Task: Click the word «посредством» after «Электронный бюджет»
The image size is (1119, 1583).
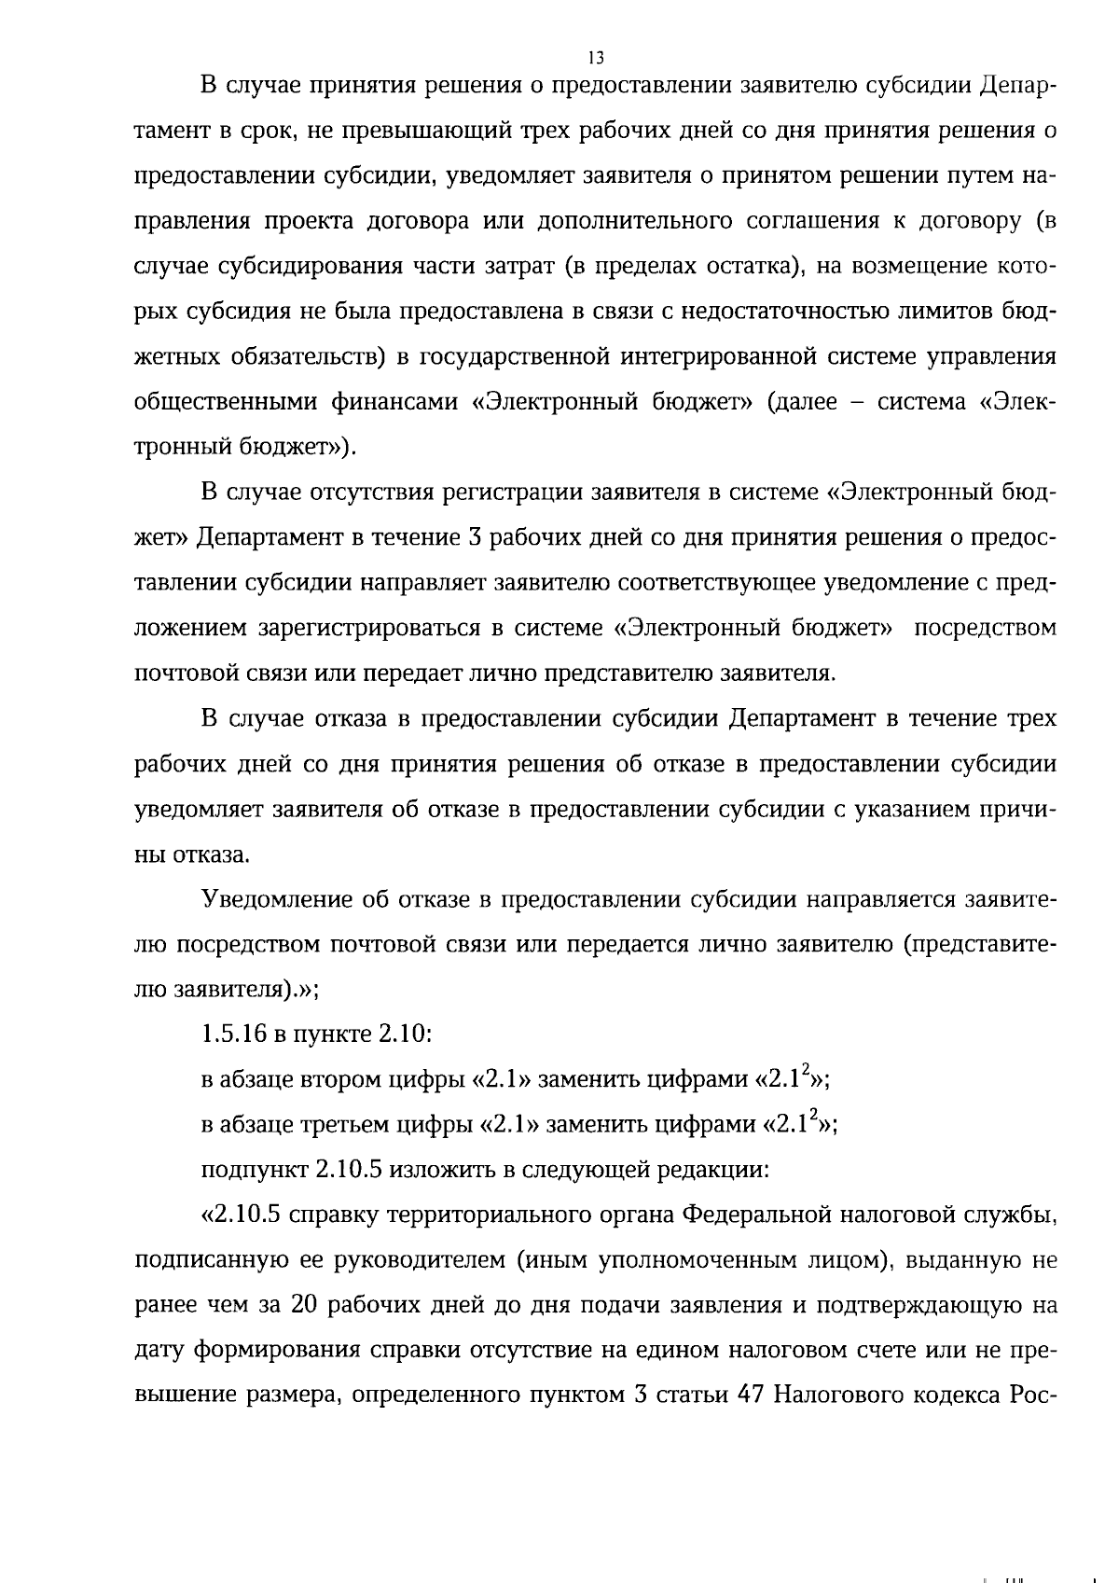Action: (985, 628)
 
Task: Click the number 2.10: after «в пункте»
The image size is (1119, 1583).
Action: (395, 1034)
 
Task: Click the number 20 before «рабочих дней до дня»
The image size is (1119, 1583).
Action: (305, 1306)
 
